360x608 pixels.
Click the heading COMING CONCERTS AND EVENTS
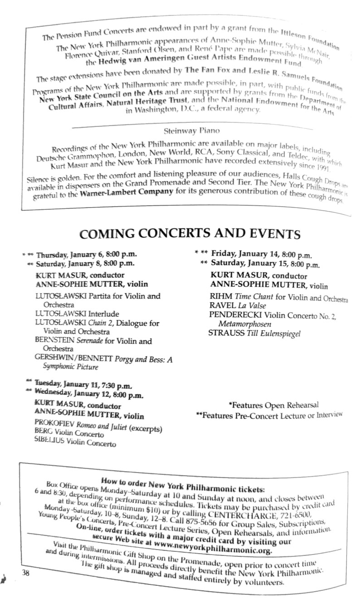(x=190, y=234)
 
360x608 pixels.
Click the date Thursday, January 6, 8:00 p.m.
(x=86, y=255)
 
